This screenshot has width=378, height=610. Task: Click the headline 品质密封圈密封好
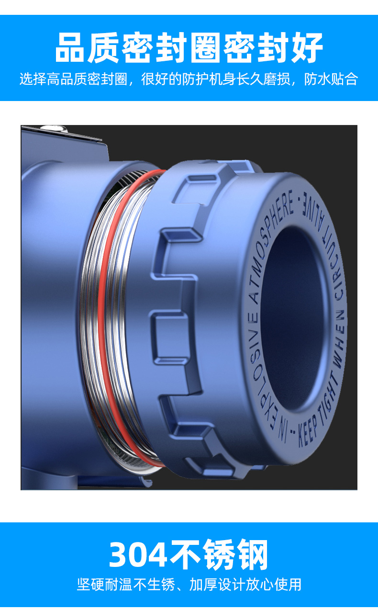[189, 48]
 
